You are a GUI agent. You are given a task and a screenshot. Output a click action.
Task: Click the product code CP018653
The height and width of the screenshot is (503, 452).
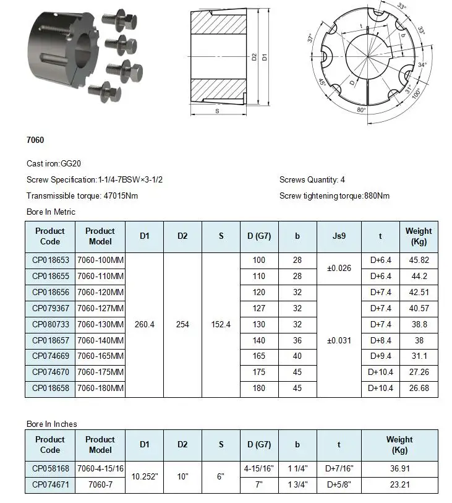50,260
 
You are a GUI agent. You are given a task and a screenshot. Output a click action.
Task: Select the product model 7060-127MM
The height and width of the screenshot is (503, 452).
101,308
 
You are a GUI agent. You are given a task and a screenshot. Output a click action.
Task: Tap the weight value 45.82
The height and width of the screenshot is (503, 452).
419,260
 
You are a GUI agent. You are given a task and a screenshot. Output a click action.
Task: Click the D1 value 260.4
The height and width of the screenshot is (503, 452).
144,324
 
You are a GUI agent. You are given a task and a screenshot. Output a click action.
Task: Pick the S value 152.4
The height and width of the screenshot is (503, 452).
221,324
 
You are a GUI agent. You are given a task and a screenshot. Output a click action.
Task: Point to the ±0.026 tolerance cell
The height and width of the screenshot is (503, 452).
338,269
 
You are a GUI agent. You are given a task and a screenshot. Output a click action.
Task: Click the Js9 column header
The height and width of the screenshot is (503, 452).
338,236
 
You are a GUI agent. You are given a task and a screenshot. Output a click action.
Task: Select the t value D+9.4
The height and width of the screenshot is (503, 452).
380,356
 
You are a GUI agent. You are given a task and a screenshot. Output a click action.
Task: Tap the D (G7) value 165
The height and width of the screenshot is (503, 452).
259,356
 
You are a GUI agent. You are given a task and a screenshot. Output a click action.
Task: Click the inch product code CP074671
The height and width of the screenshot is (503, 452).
50,485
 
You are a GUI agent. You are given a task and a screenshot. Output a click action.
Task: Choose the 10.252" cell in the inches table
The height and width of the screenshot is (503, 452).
144,477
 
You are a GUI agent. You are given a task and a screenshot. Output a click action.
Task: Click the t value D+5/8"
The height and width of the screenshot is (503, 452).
338,485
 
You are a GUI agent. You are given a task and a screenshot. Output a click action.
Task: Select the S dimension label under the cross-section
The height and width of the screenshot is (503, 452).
217,111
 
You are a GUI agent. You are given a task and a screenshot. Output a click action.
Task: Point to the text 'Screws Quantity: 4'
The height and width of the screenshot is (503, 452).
312,180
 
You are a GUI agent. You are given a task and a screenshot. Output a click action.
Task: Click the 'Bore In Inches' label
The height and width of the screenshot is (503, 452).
52,424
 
